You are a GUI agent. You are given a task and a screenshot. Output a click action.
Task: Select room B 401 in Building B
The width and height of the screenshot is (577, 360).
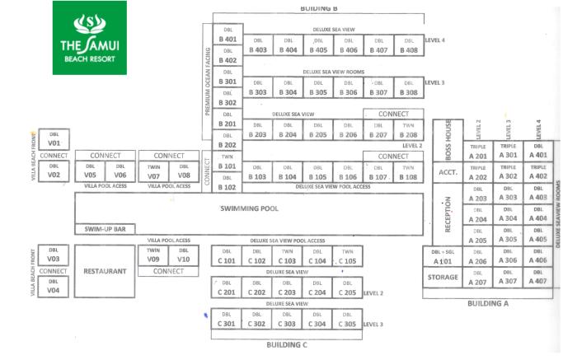pyautogui.click(x=228, y=35)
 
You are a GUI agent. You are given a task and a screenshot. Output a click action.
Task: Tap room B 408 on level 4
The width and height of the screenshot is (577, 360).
pyautogui.click(x=408, y=45)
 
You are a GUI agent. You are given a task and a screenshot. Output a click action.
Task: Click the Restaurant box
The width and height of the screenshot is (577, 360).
pyautogui.click(x=104, y=270)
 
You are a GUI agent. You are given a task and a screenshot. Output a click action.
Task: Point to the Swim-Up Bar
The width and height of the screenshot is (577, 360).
pyautogui.click(x=104, y=229)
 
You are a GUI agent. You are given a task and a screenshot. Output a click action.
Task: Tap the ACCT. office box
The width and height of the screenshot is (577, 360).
pyautogui.click(x=448, y=173)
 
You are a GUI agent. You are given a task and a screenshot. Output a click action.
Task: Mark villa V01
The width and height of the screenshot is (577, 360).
pyautogui.click(x=54, y=138)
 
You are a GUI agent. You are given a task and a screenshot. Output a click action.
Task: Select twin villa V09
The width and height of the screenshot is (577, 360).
pyautogui.click(x=153, y=255)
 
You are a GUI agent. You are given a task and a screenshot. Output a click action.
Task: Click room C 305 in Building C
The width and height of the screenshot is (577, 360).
pyautogui.click(x=347, y=320)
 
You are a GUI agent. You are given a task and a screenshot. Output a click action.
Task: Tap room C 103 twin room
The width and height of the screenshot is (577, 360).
pyautogui.click(x=287, y=257)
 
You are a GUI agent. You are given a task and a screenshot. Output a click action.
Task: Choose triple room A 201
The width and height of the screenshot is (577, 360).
pyautogui.click(x=478, y=152)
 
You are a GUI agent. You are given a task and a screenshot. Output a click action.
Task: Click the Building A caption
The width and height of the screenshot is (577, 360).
pyautogui.click(x=488, y=304)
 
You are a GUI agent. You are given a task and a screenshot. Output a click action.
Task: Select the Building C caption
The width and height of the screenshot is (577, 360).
pyautogui.click(x=286, y=344)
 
